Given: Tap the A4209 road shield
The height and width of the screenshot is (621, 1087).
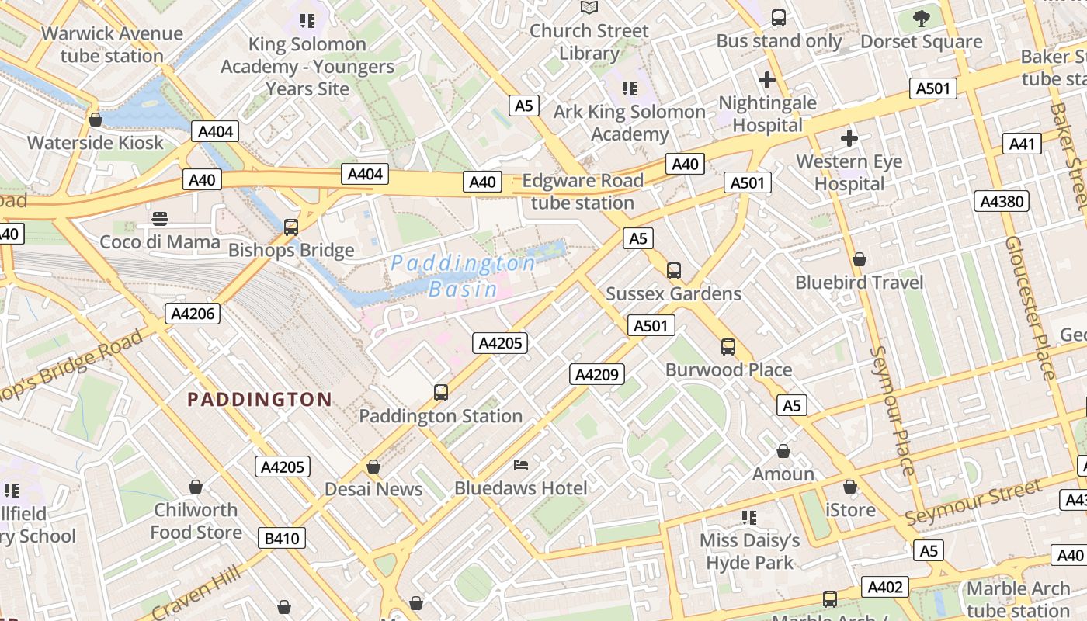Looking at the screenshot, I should coord(596,375).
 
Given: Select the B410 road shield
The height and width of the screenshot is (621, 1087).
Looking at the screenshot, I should coord(283,538).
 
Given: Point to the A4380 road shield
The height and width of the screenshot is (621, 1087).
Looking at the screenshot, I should coord(1002,202).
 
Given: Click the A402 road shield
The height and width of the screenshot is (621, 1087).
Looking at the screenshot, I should coord(885,587).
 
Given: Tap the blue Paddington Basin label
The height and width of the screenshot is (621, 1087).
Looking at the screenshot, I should coord(464,276).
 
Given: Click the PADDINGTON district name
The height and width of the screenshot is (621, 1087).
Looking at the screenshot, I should coord(260,400).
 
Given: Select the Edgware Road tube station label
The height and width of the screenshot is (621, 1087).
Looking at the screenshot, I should coord(582,192).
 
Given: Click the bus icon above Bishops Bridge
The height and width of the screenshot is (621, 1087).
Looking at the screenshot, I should coord(291,227).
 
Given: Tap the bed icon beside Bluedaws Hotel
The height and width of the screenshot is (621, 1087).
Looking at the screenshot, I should coord(522,465).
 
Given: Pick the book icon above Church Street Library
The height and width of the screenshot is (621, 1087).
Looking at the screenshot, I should coord(589,8).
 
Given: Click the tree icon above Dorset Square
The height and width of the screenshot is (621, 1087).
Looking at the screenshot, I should coord(922,18).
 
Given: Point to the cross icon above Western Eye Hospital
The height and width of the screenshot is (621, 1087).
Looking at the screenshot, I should coord(849,139).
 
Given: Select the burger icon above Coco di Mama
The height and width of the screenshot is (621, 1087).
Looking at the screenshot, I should coord(160,219).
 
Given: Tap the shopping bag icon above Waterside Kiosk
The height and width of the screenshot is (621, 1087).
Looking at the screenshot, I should coord(96,120).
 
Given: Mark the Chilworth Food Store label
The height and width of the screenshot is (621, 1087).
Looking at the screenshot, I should coord(196,521).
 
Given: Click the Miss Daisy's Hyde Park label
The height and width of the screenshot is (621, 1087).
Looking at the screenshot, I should coord(749,551).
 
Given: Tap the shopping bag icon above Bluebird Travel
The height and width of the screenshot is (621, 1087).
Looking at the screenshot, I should coord(860,259).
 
